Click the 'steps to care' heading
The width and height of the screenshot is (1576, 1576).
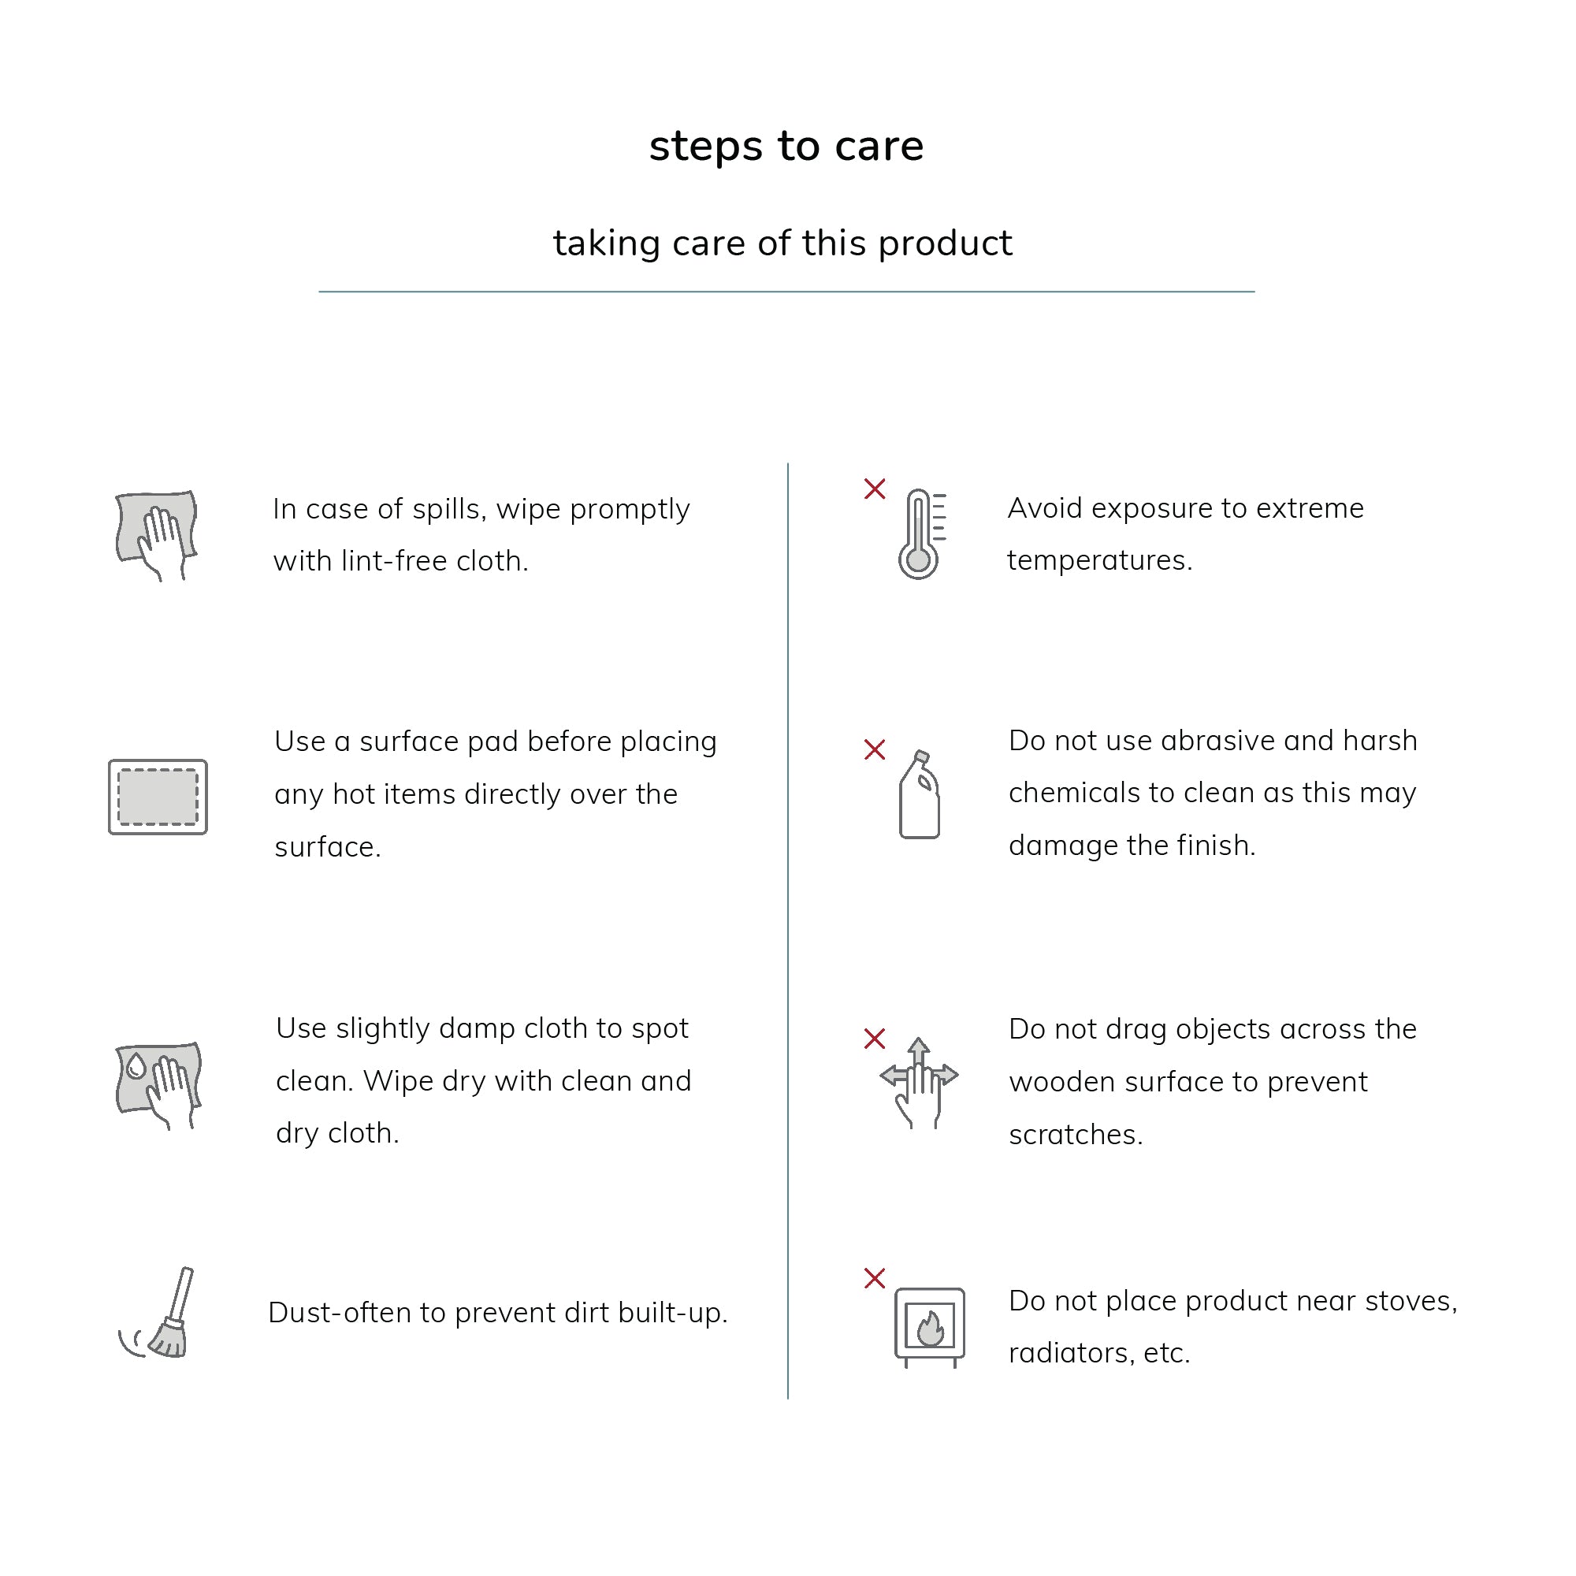coord(786,147)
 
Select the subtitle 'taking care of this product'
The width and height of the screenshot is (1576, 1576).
coord(783,243)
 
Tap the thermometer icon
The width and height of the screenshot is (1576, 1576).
coord(922,534)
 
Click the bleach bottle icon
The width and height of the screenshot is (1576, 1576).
coord(920,794)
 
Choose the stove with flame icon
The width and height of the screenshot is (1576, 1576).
coord(930,1327)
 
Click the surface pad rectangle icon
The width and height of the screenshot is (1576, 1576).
coord(158,797)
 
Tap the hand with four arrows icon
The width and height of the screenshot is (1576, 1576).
coord(920,1083)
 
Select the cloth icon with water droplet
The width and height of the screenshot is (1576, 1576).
coord(158,1086)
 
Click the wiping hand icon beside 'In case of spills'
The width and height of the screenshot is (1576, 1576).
coord(157,535)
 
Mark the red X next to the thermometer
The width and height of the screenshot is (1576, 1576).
coord(875,489)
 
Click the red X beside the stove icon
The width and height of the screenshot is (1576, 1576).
coord(875,1278)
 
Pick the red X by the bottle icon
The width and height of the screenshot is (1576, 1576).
coord(875,749)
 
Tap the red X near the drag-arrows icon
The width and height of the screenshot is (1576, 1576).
coord(875,1039)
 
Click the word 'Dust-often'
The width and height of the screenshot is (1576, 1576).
coord(340,1313)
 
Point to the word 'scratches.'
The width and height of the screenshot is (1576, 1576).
coord(1076,1135)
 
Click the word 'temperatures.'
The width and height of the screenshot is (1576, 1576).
coord(1099,561)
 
